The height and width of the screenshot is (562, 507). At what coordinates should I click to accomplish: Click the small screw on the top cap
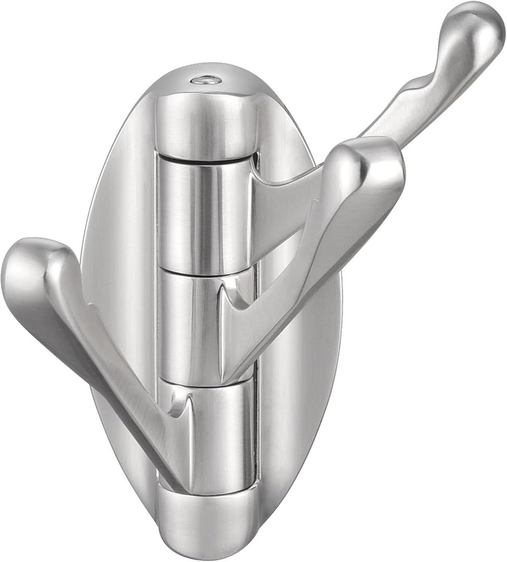pyautogui.click(x=206, y=80)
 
